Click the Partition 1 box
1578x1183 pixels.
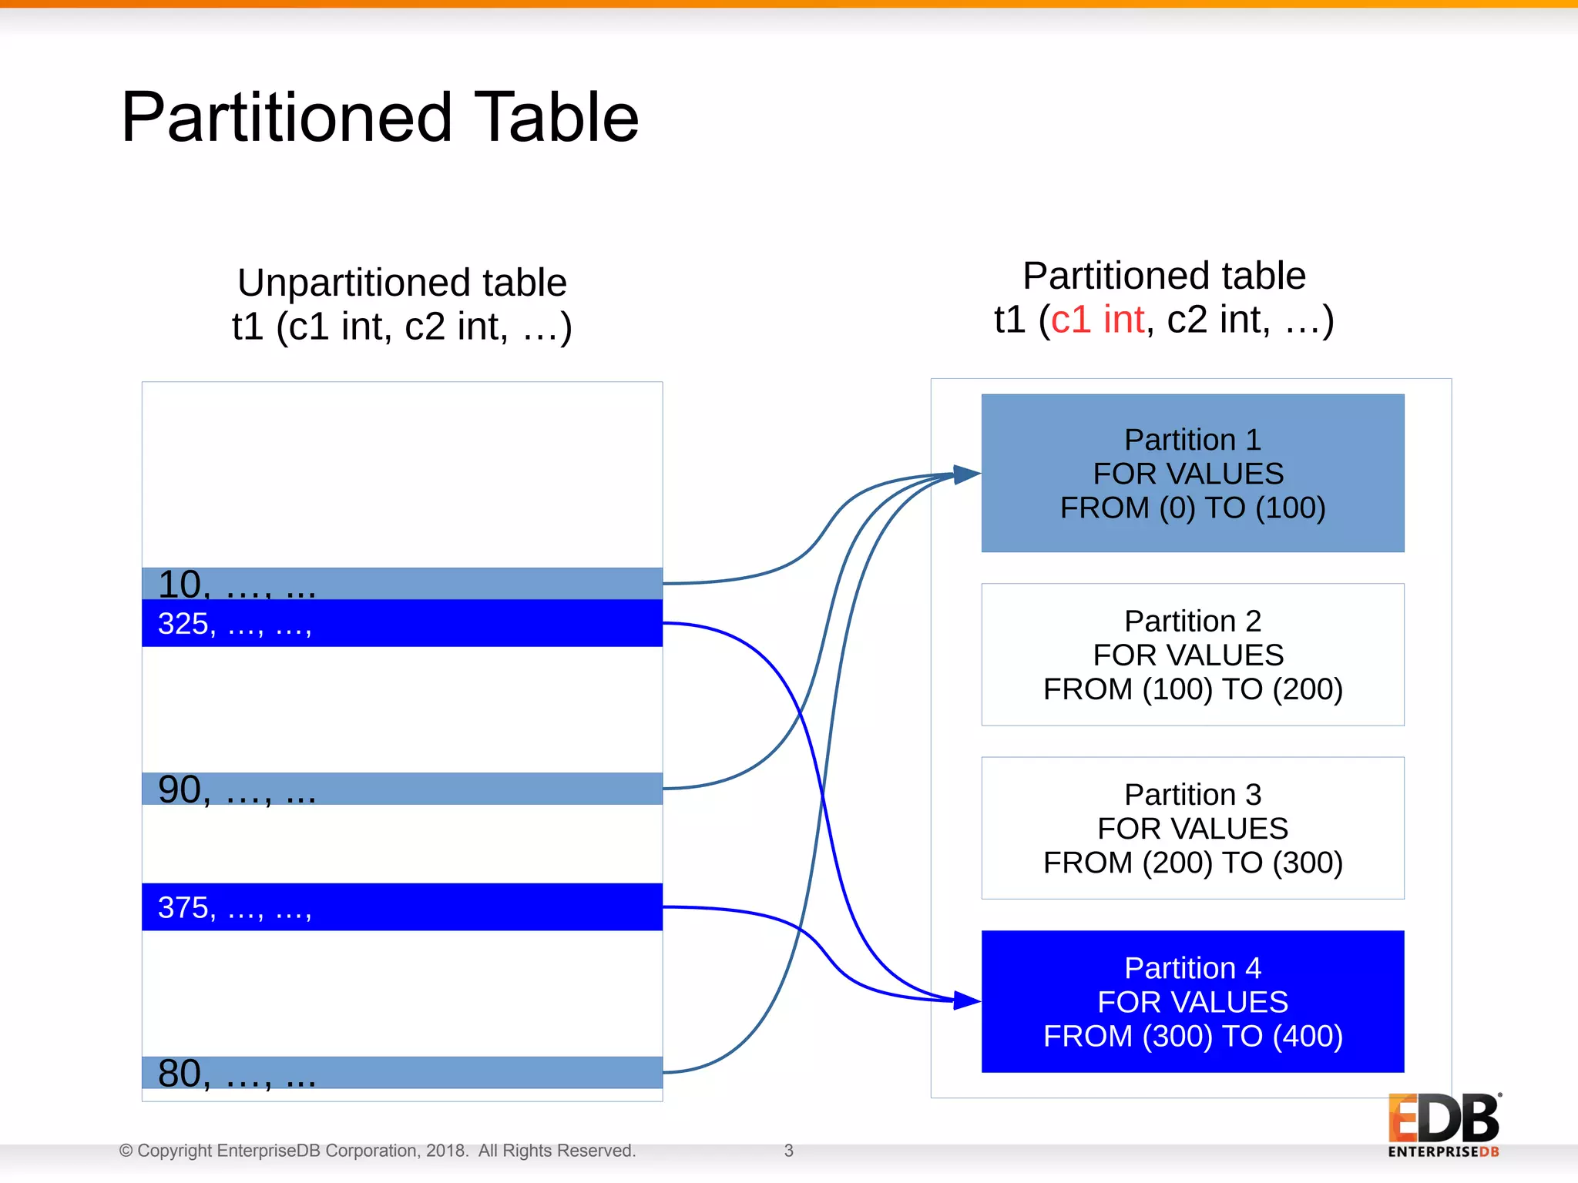tap(1192, 473)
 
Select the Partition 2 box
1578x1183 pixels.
tap(1192, 654)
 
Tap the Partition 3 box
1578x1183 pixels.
tap(1192, 827)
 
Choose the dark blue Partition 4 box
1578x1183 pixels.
tap(1192, 1000)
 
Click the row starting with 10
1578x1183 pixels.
tap(401, 584)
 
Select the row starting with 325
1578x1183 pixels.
tap(401, 623)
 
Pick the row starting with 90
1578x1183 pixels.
tap(401, 789)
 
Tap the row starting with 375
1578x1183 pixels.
tap(401, 907)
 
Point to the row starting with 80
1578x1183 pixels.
tap(401, 1072)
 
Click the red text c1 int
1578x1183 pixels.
tap(1097, 320)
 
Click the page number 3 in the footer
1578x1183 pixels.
tap(788, 1151)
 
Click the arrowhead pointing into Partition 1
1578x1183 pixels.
tap(965, 474)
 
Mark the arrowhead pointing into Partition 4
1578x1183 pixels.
tap(965, 1000)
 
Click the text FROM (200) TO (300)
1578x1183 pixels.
tap(1192, 863)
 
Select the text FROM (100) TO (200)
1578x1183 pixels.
tap(1192, 689)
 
